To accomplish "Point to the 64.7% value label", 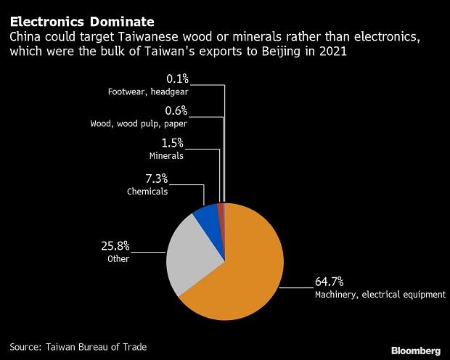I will pos(330,282).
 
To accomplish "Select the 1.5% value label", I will pos(173,143).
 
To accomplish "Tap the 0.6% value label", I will pos(176,110).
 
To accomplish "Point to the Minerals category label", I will pos(167,156).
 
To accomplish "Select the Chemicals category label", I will pos(147,192).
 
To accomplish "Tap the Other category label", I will pos(118,258).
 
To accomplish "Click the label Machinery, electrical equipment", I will pos(370,295).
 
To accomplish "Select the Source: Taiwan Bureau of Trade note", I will pos(78,347).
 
